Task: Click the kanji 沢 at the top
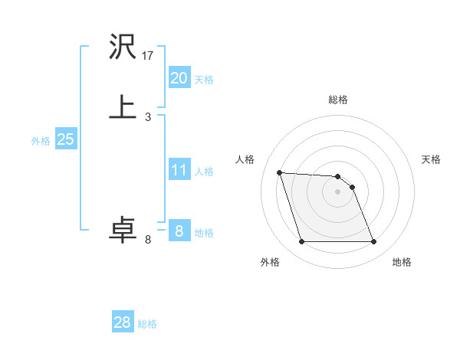click(123, 49)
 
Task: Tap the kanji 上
click(123, 107)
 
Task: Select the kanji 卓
click(123, 230)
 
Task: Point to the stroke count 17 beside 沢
click(149, 56)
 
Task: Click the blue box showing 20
click(179, 78)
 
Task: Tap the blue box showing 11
click(179, 170)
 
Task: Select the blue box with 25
click(65, 139)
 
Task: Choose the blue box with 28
click(123, 322)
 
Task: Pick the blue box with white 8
click(179, 231)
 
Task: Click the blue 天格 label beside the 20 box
click(204, 80)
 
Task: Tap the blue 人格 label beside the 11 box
click(204, 172)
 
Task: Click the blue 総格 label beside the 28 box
click(147, 324)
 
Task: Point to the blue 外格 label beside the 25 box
click(41, 141)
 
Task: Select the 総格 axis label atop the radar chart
click(337, 100)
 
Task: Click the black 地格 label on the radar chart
click(402, 262)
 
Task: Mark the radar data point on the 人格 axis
click(280, 172)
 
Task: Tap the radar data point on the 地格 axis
click(373, 242)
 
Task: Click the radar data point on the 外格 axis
click(301, 242)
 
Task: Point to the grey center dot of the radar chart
click(337, 191)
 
